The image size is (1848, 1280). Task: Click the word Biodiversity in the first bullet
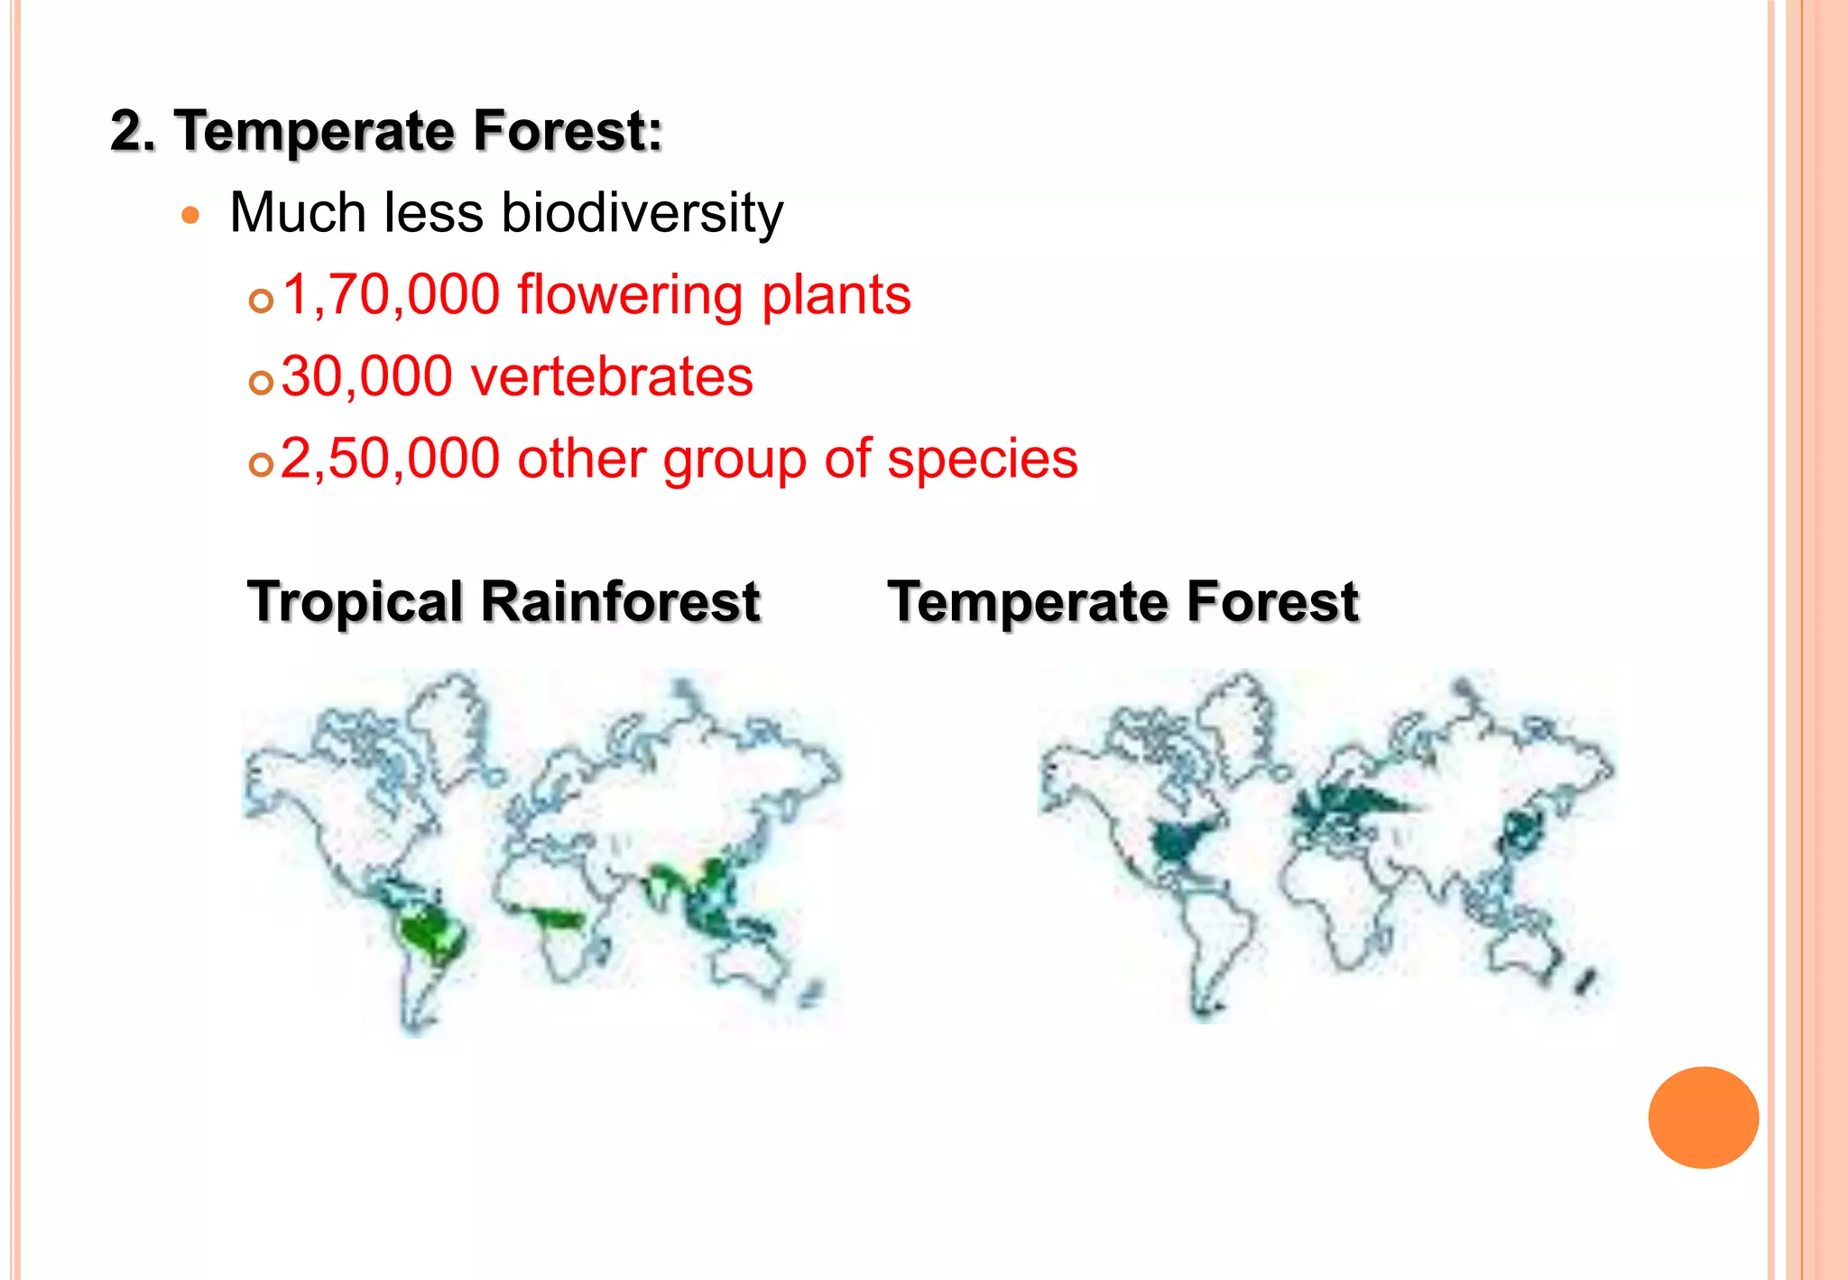pyautogui.click(x=642, y=214)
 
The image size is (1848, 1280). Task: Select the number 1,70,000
pyautogui.click(x=391, y=295)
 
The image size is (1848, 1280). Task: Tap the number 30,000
pyautogui.click(x=366, y=376)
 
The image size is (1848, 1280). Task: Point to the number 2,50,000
pyautogui.click(x=390, y=459)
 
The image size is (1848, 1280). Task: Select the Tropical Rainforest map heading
pyautogui.click(x=504, y=602)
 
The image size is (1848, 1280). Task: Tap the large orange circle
pyautogui.click(x=1703, y=1118)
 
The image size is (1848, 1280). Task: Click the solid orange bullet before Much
pyautogui.click(x=189, y=215)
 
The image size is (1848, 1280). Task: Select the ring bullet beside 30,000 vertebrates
pyautogui.click(x=261, y=383)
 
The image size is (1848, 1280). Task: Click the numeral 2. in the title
pyautogui.click(x=133, y=131)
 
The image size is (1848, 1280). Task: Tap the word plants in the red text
pyautogui.click(x=836, y=295)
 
